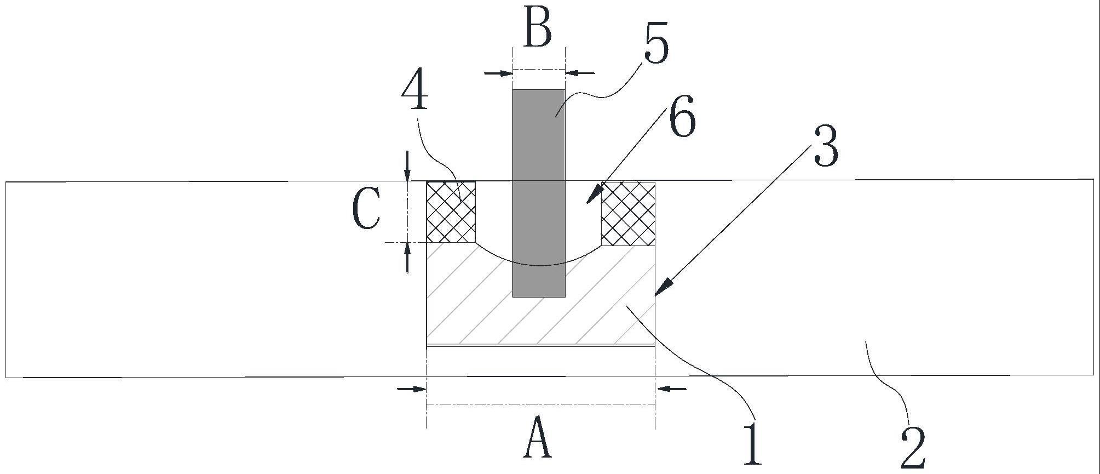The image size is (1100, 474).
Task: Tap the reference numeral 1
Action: (x=753, y=443)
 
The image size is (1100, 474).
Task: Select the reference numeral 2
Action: (x=913, y=447)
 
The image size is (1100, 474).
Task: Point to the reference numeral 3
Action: (x=826, y=147)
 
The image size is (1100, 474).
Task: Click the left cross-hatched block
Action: (x=451, y=212)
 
